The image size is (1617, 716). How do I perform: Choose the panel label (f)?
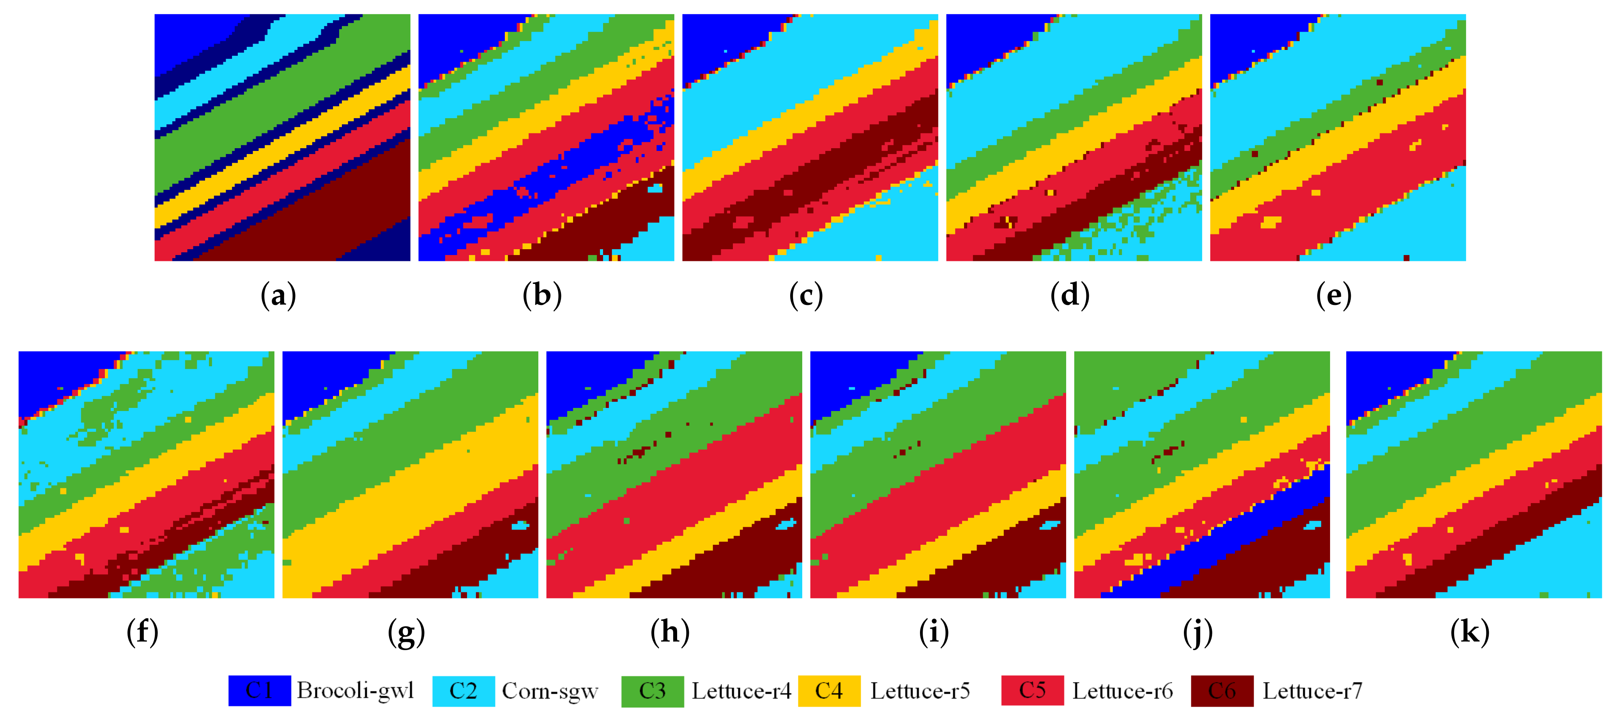pos(143,632)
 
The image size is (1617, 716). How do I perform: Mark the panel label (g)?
pos(406,632)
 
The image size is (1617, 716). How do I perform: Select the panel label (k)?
pos(1470,632)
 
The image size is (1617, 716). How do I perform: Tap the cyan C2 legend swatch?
pos(463,691)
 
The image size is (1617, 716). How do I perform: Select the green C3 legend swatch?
pos(652,691)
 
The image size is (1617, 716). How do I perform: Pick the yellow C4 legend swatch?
pos(829,691)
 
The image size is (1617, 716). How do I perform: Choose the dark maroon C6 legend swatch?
pos(1222,691)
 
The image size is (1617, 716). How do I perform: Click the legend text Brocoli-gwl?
pos(355,691)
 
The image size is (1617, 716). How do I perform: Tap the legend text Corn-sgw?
pos(550,691)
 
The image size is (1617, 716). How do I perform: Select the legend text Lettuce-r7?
pos(1313,691)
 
